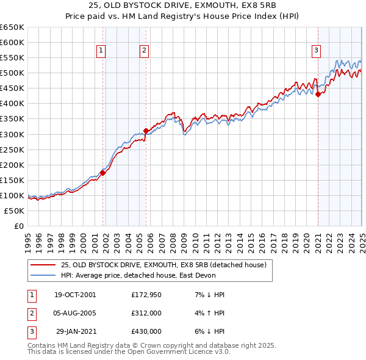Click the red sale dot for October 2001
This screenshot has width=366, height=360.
tap(102, 173)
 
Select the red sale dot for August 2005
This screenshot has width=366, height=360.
tap(146, 130)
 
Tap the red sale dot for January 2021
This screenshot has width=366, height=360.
tap(318, 94)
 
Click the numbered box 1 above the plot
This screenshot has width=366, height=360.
tap(101, 51)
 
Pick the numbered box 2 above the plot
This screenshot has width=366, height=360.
tap(144, 51)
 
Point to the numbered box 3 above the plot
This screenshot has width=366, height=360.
tap(317, 51)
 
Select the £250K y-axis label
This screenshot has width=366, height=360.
tap(12, 149)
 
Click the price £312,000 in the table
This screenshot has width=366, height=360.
tap(146, 312)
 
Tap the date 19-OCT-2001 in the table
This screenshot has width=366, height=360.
tap(75, 295)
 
